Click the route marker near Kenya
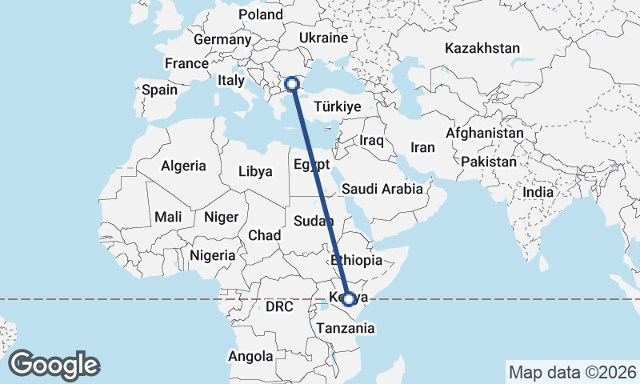pos(349,299)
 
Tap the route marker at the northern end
pos(292,83)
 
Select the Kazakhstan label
pos(482,48)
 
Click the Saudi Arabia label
pos(382,190)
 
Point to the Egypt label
pos(312,166)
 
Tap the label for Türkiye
pos(338,106)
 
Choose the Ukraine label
pos(322,38)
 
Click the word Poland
pos(261,15)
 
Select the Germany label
pos(222,39)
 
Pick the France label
pos(186,63)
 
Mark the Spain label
pos(159,90)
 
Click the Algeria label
pos(184,166)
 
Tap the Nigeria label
pos(213,256)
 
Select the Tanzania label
pos(345,328)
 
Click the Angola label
pos(251,356)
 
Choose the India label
pos(538,193)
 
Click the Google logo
pos(54,364)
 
